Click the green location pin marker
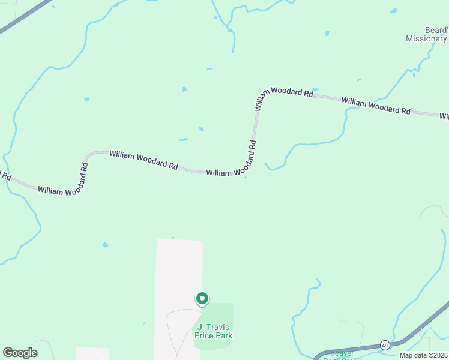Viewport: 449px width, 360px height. click(202, 298)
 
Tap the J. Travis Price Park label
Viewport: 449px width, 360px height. click(213, 331)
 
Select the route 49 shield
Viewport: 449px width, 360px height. click(385, 345)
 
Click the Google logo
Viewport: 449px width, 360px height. click(20, 353)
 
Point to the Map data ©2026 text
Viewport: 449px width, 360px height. click(424, 355)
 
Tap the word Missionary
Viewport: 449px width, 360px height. click(426, 39)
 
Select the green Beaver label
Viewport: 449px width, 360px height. click(342, 353)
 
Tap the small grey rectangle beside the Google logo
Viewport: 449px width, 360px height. click(92, 353)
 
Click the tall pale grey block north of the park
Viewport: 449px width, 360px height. click(179, 270)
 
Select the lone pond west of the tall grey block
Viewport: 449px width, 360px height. click(105, 245)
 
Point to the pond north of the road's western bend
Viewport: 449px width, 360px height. click(87, 99)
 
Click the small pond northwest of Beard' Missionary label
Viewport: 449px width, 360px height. click(393, 11)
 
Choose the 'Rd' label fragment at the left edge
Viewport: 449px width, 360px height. click(5, 176)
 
